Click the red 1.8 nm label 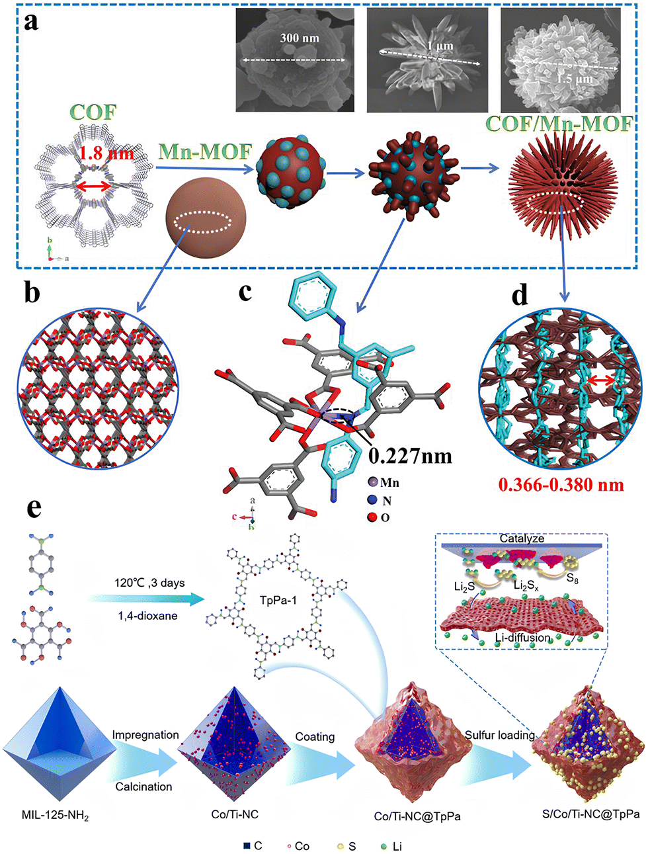tap(106, 154)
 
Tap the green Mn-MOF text tap(205, 151)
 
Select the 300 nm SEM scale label tap(299, 38)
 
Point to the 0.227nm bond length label tap(410, 455)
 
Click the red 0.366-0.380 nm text tap(561, 485)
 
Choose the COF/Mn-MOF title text tap(559, 123)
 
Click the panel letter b tap(31, 292)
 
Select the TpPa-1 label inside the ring tap(278, 601)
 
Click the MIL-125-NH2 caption tap(55, 815)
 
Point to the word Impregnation tap(145, 735)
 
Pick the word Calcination tap(143, 787)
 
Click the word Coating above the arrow tap(315, 737)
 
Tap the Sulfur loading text tap(500, 735)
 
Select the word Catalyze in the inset tap(522, 538)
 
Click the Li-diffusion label tap(522, 638)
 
